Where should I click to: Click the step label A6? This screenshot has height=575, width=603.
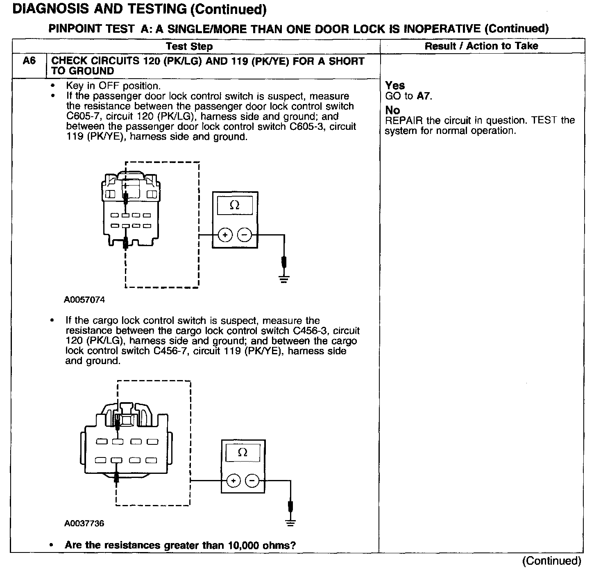[29, 61]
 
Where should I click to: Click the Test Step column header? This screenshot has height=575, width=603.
[189, 46]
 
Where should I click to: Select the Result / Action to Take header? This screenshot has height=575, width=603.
[481, 46]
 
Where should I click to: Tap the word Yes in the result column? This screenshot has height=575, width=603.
[395, 86]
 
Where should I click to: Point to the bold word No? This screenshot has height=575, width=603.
[392, 110]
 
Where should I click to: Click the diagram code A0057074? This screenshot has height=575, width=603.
[84, 300]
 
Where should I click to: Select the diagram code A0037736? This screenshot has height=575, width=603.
[84, 523]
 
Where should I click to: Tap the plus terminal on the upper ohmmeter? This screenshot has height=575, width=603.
[225, 235]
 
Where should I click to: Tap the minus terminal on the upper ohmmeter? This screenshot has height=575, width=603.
[245, 235]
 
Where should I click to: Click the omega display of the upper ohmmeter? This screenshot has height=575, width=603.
[235, 205]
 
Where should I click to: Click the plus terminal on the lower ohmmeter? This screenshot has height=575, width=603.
[233, 480]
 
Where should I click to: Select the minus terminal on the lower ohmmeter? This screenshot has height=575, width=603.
[252, 480]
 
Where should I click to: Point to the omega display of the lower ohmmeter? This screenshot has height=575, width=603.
[243, 453]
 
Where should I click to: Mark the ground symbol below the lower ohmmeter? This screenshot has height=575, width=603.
[290, 523]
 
